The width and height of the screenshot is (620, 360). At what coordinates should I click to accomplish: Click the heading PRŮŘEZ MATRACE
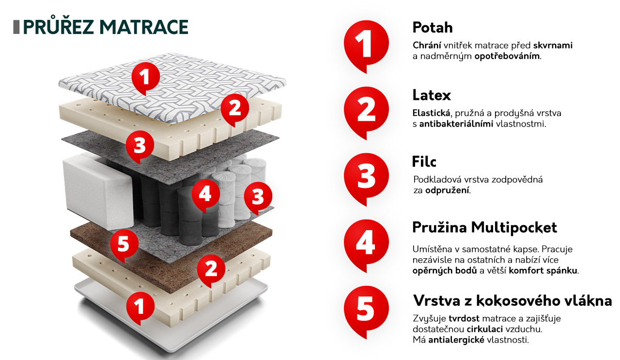106,27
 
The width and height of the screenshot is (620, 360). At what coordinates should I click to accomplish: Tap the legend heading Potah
433,28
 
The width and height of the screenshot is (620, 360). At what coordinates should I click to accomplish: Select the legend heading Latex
432,95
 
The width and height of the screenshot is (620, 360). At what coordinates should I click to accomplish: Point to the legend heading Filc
424,162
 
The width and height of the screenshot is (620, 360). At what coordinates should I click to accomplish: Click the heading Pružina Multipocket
484,228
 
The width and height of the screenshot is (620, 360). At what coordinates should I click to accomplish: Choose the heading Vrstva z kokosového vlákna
512,301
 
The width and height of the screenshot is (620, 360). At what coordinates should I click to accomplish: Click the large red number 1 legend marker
366,46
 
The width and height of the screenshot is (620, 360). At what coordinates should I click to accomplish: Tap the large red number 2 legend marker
366,112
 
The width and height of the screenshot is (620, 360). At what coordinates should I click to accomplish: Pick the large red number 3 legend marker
366,179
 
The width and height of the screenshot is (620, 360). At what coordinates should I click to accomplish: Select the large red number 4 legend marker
366,245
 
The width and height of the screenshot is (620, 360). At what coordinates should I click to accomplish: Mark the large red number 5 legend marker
366,312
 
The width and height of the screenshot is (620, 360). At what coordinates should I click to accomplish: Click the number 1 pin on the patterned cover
146,78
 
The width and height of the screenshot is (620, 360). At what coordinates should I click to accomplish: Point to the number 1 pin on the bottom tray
140,307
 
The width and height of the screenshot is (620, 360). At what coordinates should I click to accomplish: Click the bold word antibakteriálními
456,124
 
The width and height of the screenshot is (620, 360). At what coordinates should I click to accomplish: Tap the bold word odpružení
447,190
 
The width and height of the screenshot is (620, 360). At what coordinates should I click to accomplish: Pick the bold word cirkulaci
485,329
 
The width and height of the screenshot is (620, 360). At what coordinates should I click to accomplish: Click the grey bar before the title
16,27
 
